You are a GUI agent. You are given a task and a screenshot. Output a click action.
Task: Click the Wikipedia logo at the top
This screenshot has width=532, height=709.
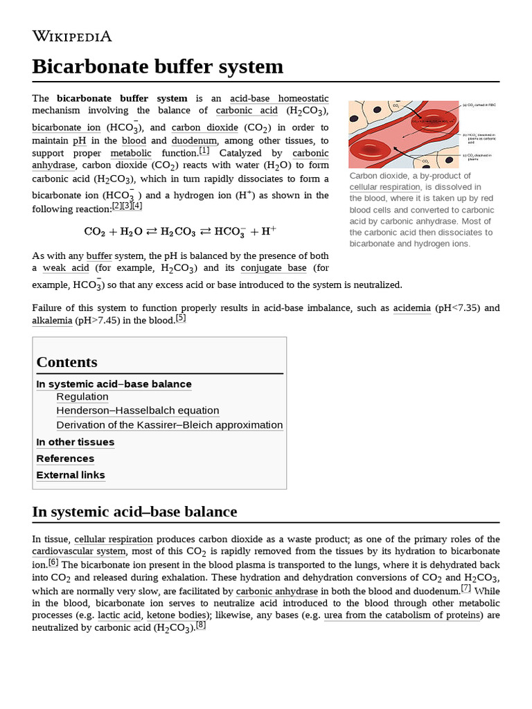point(71,36)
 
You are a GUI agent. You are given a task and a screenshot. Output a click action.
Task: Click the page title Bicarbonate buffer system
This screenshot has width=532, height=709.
point(158,66)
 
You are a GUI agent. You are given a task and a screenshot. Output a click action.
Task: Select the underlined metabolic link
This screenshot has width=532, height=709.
point(130,153)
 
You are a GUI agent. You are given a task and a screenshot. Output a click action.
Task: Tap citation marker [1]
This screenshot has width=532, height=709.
point(204,151)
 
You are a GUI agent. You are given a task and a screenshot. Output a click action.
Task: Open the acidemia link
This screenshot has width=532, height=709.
point(411,308)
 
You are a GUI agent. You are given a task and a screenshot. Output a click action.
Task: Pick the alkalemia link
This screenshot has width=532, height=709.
point(52,321)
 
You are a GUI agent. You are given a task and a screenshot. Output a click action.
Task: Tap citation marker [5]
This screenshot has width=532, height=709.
point(180,318)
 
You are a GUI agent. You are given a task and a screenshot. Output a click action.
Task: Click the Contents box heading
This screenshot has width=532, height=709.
point(66,362)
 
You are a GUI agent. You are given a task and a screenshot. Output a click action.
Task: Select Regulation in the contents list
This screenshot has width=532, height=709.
point(82,397)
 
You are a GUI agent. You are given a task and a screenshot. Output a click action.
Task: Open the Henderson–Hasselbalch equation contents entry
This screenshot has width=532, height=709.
point(137,411)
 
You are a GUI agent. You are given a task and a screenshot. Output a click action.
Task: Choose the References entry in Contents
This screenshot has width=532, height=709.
point(65,458)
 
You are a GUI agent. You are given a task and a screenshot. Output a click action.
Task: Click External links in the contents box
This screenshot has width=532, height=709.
point(71,475)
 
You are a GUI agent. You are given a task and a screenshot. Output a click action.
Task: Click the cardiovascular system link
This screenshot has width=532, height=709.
point(79,552)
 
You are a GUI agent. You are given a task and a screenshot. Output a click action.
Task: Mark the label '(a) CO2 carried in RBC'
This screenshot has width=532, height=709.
point(479,105)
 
